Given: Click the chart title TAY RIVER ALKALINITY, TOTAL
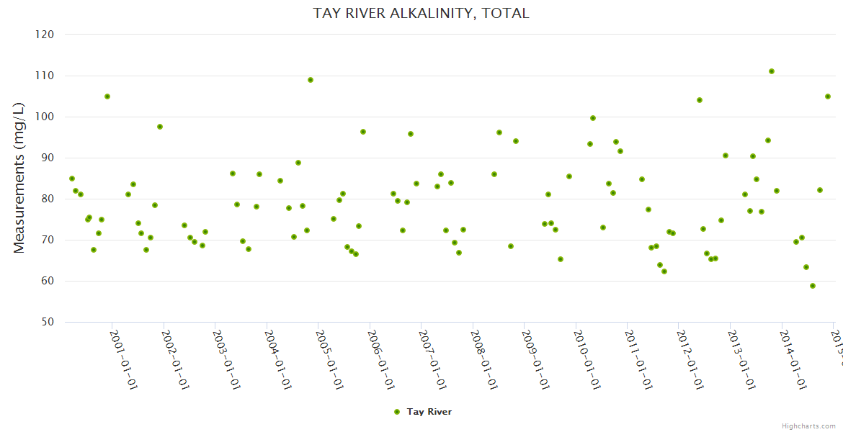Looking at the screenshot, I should click(x=421, y=13).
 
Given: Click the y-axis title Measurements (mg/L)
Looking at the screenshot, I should click(x=19, y=177).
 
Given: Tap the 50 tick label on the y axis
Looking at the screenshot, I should click(x=48, y=322).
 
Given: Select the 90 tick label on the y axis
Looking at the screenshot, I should click(x=48, y=158).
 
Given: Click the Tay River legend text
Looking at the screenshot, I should click(x=429, y=412).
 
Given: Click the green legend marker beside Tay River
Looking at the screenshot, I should click(x=396, y=412).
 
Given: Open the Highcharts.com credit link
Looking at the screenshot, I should click(x=808, y=426).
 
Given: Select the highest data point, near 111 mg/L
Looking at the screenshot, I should click(x=772, y=71).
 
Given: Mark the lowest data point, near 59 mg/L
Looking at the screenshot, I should click(x=813, y=286).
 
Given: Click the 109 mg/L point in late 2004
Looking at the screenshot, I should click(x=311, y=80).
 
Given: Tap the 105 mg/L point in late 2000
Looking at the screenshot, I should click(x=107, y=96).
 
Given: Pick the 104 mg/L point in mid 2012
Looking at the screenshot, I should click(x=700, y=100).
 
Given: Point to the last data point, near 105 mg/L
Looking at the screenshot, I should click(x=828, y=96).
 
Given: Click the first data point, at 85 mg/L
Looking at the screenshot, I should click(x=72, y=179).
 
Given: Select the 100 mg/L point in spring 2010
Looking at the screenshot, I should click(x=593, y=118).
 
